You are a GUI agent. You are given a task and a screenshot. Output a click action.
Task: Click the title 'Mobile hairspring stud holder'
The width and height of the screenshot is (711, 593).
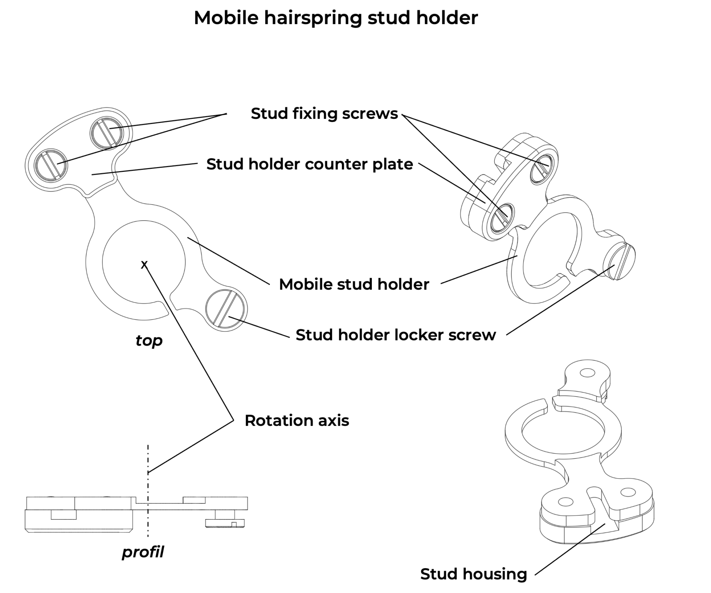click(x=336, y=18)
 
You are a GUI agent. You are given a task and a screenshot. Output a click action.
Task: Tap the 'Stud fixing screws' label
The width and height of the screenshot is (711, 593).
click(x=324, y=113)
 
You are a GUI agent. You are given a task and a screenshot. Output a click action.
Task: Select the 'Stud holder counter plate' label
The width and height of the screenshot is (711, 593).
click(x=310, y=164)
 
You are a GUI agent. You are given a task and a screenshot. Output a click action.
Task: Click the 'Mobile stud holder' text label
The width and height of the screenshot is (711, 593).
click(x=354, y=284)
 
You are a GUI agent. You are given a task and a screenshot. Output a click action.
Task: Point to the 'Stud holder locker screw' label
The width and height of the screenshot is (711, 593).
click(x=395, y=335)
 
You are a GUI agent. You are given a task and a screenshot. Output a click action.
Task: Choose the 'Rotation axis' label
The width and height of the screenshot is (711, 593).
click(x=297, y=421)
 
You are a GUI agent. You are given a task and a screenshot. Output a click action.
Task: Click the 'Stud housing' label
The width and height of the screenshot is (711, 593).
click(x=473, y=574)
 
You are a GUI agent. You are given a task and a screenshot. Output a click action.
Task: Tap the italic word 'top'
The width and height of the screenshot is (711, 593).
click(x=149, y=340)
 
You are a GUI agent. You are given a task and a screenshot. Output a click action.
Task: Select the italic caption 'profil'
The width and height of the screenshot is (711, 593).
click(x=143, y=552)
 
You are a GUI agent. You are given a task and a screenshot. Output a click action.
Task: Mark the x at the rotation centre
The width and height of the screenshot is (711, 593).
click(x=144, y=264)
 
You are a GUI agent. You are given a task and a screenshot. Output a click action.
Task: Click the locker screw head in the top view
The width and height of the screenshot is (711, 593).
click(x=226, y=309)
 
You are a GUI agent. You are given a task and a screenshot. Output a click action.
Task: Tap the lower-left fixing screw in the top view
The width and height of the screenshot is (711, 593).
click(x=51, y=164)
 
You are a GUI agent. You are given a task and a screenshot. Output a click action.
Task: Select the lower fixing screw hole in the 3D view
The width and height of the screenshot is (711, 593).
click(x=502, y=218)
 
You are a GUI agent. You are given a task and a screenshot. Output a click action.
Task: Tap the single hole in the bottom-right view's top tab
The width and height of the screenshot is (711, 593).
click(x=587, y=373)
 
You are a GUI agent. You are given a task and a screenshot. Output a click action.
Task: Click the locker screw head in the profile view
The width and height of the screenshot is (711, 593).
click(x=225, y=523)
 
